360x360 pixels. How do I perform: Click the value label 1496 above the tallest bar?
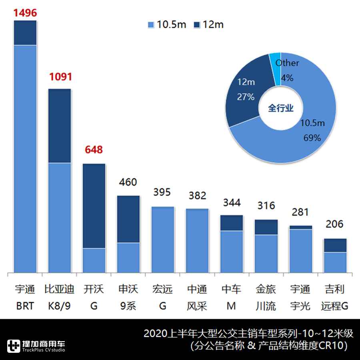(25, 13)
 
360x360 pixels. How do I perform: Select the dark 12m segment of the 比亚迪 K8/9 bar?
(60, 126)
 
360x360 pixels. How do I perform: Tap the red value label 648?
(94, 150)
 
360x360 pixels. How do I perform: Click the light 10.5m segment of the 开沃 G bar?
(94, 260)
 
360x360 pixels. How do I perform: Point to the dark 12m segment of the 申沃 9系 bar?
(128, 219)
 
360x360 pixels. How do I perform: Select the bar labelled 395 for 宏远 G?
(162, 240)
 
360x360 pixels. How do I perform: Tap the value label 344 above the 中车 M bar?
(232, 202)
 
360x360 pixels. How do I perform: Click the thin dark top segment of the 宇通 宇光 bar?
(300, 227)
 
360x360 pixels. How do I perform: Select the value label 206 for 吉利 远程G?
(334, 224)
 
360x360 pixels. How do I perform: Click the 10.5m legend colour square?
(151, 25)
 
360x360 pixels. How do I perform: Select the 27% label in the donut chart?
(245, 97)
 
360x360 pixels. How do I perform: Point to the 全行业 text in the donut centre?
(280, 108)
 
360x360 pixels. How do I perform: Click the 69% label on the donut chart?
(312, 138)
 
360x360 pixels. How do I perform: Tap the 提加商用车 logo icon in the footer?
(14, 346)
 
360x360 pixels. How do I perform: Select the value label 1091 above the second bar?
(60, 77)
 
